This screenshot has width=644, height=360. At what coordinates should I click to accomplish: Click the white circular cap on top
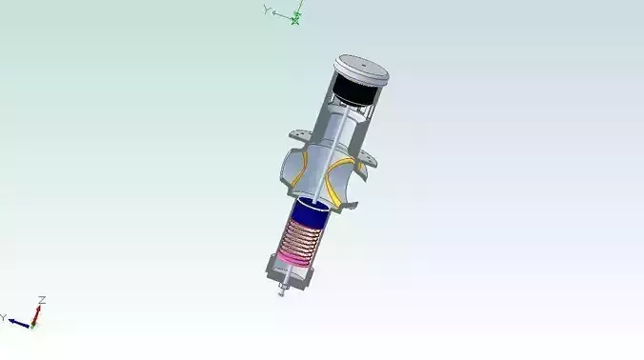point(362,70)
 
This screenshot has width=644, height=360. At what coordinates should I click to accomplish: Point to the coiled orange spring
point(303,239)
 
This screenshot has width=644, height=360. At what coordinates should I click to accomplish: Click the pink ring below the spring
point(292,258)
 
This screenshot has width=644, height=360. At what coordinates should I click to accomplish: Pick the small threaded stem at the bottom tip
point(281,289)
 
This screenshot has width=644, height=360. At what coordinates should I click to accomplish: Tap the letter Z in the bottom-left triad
point(42,300)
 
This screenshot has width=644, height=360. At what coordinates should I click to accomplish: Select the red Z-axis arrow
point(37,312)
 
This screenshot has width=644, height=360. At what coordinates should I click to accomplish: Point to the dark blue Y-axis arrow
point(18,322)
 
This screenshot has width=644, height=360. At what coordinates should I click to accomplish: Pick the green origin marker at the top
point(295,19)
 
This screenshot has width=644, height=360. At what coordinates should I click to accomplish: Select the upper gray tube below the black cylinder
point(337,129)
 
